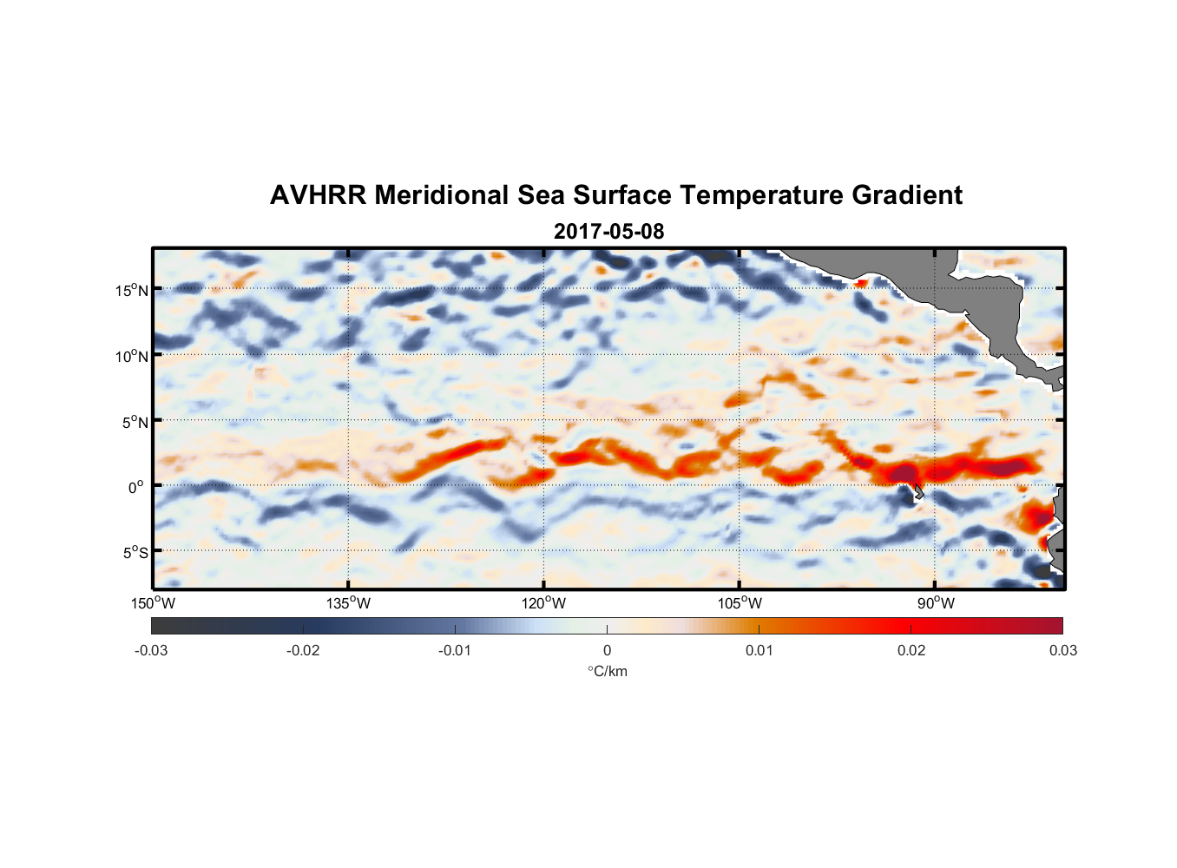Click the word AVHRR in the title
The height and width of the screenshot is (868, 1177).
(318, 195)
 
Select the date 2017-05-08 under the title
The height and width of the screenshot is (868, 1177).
(608, 232)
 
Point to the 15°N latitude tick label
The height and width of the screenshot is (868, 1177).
(131, 290)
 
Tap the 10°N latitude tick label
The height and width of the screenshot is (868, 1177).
(131, 356)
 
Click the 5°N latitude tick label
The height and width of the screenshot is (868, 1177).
(135, 422)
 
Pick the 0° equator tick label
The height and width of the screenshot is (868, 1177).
(136, 487)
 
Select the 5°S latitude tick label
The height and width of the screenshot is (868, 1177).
(135, 552)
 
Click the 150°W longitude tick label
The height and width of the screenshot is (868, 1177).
(154, 603)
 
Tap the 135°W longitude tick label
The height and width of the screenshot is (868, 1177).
(349, 603)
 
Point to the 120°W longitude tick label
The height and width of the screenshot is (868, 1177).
(544, 603)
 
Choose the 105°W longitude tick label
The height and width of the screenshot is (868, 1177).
(740, 603)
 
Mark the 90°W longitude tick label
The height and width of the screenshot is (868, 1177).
(936, 603)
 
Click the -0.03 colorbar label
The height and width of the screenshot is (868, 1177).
(151, 650)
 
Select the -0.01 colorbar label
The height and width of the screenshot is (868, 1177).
(455, 650)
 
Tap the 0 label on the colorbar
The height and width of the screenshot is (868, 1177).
(607, 650)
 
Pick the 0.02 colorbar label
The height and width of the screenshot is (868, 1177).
(911, 650)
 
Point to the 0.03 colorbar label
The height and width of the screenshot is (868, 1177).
(1062, 650)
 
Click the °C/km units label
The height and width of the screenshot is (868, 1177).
(607, 671)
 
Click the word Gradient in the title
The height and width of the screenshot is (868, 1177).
(907, 195)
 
